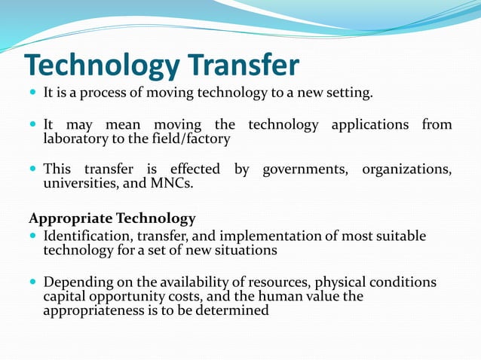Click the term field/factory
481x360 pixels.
click(192, 139)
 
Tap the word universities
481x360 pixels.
click(78, 183)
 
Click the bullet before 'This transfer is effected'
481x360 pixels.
click(32, 169)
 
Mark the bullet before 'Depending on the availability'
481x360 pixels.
click(32, 283)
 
